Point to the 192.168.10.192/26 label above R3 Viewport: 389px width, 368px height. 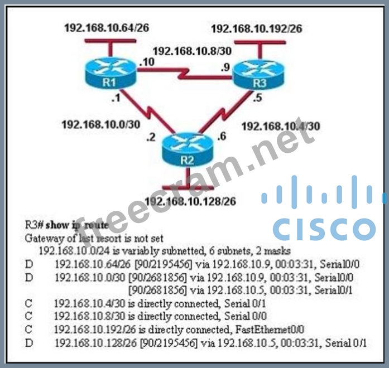coord(256,28)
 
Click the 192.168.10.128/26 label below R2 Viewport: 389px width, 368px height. coord(189,201)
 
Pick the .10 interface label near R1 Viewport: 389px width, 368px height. coord(146,62)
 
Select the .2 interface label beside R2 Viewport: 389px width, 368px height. coord(149,137)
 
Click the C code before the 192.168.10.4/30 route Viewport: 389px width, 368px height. coord(29,303)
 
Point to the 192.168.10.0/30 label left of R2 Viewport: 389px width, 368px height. coord(100,124)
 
